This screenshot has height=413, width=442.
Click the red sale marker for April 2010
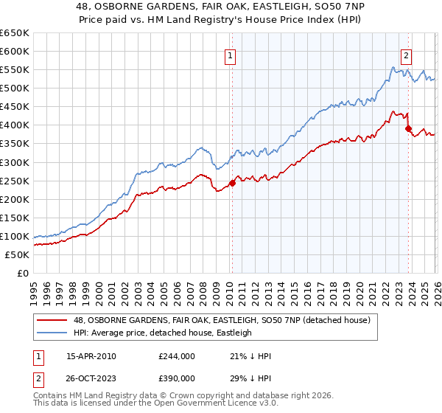pos(232,183)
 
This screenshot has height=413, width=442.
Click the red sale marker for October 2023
pos(409,128)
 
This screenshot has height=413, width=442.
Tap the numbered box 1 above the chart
pos(231,55)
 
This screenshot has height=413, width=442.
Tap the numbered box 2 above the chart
pos(406,53)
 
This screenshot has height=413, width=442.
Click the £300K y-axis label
pos(15,162)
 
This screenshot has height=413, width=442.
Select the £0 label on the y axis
pos(24,273)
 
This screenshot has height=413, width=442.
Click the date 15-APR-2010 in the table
pos(91,356)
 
